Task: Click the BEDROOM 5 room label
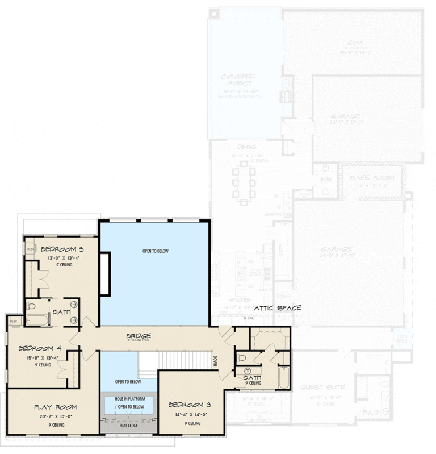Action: (63, 249)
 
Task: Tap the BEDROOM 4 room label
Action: (39, 348)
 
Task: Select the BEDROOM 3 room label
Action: (190, 405)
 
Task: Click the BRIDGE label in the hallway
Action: (139, 336)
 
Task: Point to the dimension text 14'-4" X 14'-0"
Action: (190, 414)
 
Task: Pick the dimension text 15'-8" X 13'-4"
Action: (39, 358)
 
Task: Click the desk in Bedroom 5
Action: (31, 249)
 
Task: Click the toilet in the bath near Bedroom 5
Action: (32, 307)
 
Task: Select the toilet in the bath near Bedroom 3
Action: (241, 359)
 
